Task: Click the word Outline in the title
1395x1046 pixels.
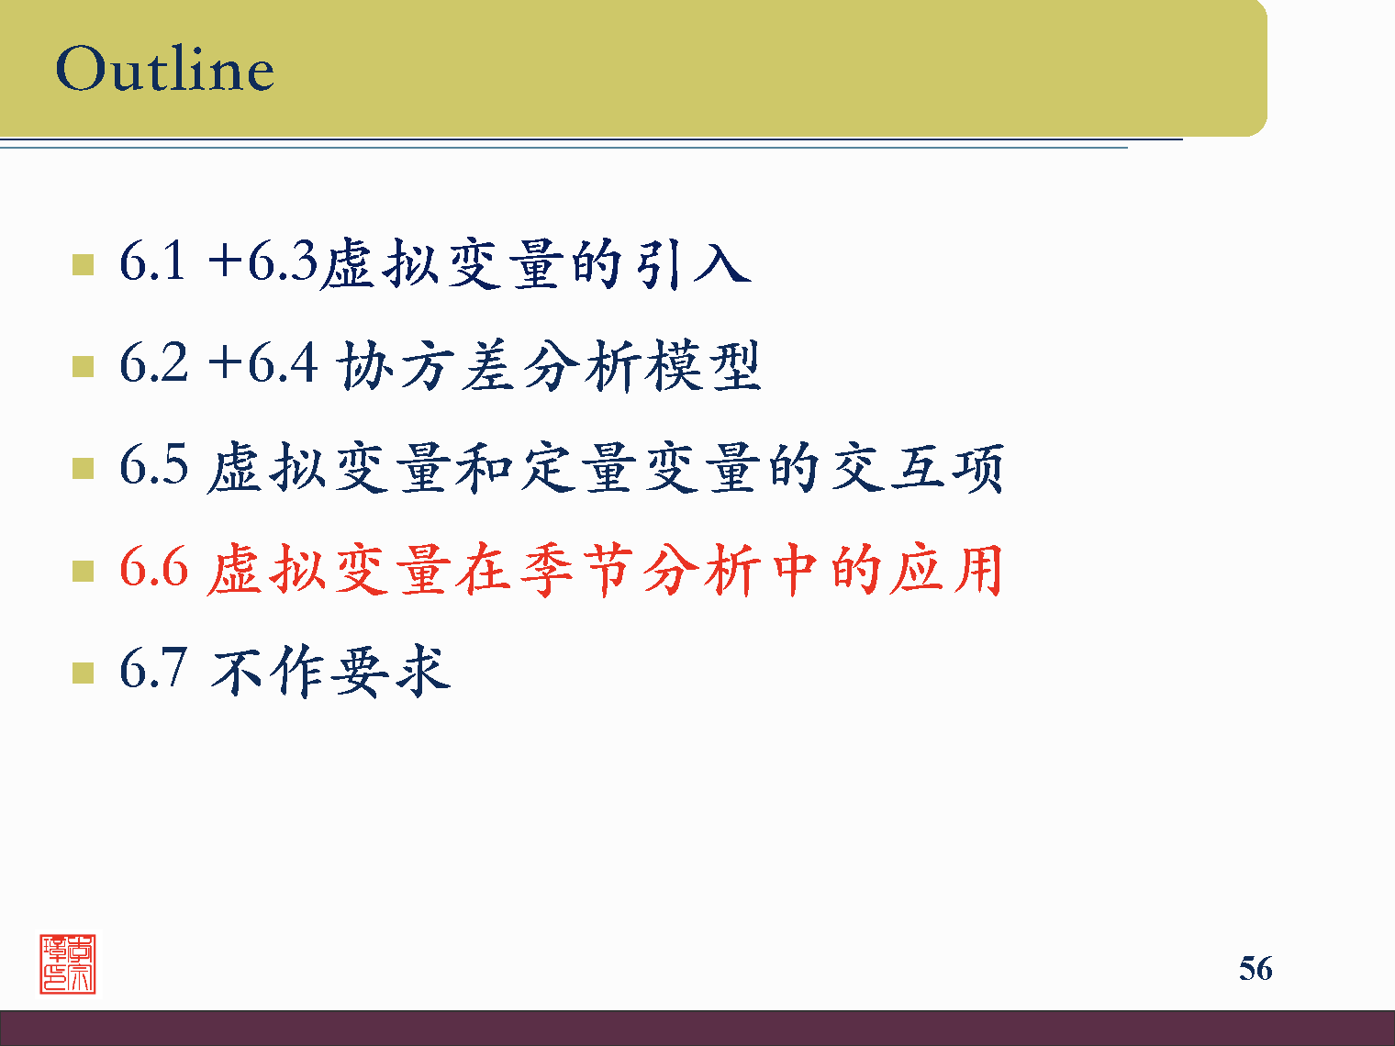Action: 165,69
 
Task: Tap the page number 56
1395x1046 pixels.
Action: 1255,968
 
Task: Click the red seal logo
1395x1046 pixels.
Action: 68,963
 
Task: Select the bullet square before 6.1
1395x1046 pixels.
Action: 83,265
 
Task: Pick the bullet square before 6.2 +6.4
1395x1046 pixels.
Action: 83,367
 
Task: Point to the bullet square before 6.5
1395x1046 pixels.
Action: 83,469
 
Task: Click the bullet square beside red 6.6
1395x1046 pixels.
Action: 83,571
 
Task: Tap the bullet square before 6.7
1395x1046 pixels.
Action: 83,673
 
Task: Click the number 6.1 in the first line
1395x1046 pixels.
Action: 152,261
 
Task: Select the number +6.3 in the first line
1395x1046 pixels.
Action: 262,261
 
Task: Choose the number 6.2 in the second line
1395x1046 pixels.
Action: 153,363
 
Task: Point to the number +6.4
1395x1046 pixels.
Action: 262,363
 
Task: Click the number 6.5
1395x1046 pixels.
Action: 153,465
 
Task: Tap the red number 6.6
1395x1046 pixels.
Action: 153,567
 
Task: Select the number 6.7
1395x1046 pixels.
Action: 153,669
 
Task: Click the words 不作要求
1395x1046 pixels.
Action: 330,671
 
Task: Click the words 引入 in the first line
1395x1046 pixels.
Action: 694,263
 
